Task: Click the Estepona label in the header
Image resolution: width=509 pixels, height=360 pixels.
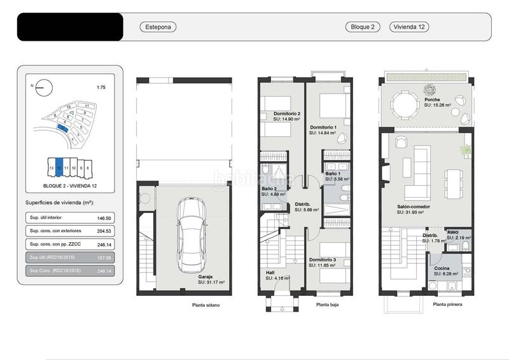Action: point(157,27)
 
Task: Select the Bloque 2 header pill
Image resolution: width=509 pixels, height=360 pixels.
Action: point(363,27)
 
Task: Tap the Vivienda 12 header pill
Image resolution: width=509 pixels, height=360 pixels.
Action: point(410,27)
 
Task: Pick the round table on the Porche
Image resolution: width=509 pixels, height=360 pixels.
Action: point(405,104)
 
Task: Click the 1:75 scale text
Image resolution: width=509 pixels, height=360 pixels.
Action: point(101,87)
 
